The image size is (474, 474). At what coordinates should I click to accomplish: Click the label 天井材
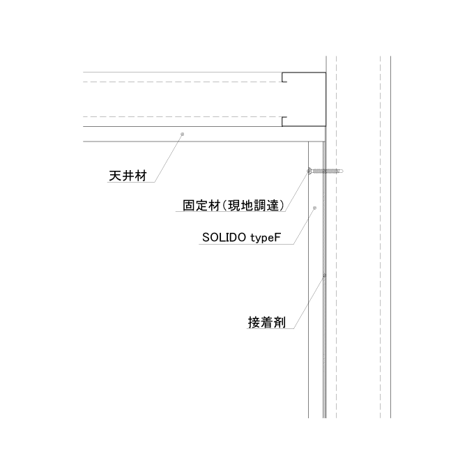tap(128, 176)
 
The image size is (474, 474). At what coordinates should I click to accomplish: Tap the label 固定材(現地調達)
tap(234, 206)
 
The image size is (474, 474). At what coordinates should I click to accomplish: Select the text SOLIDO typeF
tap(242, 238)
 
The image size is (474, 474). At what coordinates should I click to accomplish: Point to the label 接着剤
tap(267, 322)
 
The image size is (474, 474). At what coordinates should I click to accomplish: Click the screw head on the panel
tap(309, 171)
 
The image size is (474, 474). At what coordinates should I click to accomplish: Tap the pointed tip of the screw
tap(343, 171)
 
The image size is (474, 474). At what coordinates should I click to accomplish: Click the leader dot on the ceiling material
tap(183, 134)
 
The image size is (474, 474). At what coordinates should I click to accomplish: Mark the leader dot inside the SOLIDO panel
tap(314, 208)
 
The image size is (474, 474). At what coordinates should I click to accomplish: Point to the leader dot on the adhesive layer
tap(325, 276)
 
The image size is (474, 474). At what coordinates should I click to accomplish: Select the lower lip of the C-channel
tap(284, 121)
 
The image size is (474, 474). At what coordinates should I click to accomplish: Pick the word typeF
tap(266, 238)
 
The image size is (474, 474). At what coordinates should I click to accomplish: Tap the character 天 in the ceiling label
tap(115, 176)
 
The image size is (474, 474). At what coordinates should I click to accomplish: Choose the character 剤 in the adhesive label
tap(280, 322)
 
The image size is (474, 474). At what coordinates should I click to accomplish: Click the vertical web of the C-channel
tap(326, 99)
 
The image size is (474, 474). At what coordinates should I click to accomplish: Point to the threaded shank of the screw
tap(326, 171)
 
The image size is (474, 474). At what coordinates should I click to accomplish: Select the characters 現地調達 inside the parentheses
tap(253, 206)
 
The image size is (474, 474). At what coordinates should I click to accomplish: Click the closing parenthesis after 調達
tap(282, 206)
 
